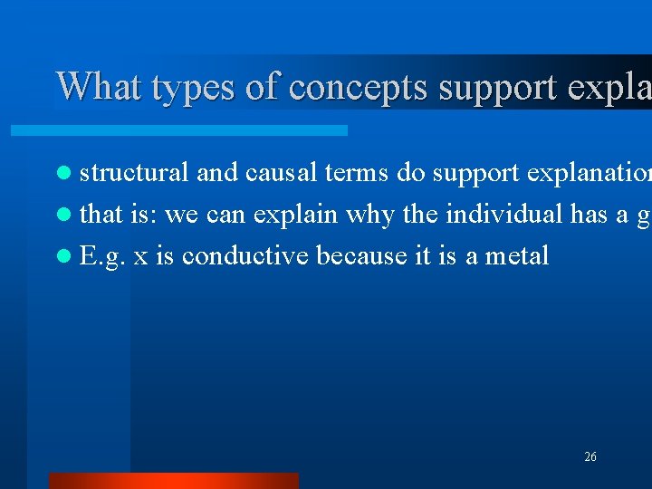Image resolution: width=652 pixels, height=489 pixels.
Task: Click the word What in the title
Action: pyautogui.click(x=100, y=87)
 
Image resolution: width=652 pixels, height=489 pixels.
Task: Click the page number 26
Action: pyautogui.click(x=590, y=457)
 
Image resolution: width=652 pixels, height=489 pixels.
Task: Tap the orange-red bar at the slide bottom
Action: pyautogui.click(x=172, y=480)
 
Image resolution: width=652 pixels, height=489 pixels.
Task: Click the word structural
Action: pyautogui.click(x=134, y=172)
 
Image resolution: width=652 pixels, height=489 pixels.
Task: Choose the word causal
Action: pyautogui.click(x=268, y=172)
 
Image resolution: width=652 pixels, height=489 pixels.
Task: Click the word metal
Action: pyautogui.click(x=517, y=255)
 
